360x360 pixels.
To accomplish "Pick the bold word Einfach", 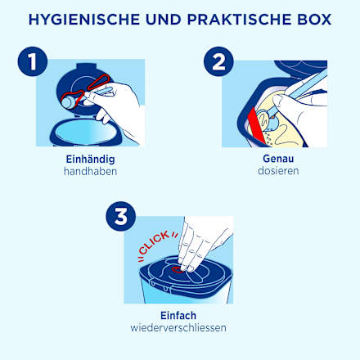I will pyautogui.click(x=178, y=315).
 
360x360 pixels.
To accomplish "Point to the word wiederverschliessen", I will pyautogui.click(x=178, y=327).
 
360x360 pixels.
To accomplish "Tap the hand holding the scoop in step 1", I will pyautogui.click(x=123, y=102).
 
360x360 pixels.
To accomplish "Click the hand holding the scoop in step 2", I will pyautogui.click(x=303, y=102).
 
